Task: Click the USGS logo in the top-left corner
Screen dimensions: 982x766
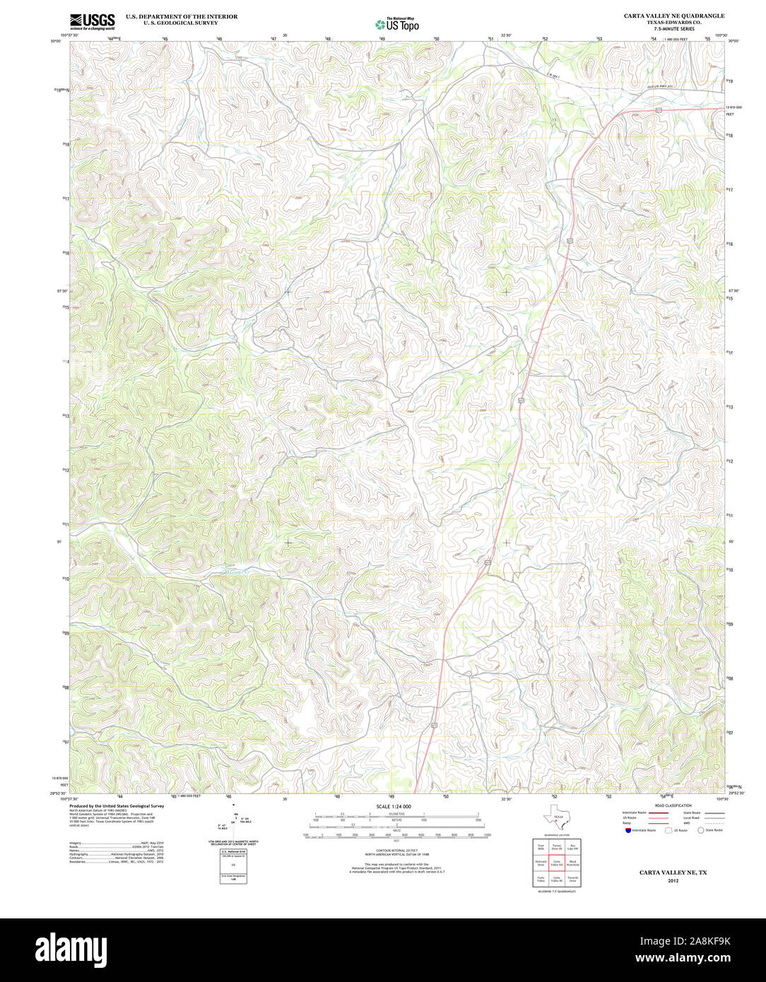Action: coord(92,21)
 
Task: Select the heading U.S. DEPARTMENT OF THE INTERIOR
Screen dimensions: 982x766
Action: coord(182,16)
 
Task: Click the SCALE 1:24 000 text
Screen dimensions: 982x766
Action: coord(394,807)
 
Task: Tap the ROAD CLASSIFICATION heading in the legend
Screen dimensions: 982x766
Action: coord(673,805)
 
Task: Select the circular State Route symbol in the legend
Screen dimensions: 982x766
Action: coord(701,830)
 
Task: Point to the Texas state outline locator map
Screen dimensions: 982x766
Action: coord(555,818)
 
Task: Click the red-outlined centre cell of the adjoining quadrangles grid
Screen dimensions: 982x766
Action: coord(556,863)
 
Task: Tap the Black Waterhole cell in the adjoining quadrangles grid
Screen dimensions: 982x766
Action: coord(572,863)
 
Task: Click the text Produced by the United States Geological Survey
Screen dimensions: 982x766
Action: coord(117,805)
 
